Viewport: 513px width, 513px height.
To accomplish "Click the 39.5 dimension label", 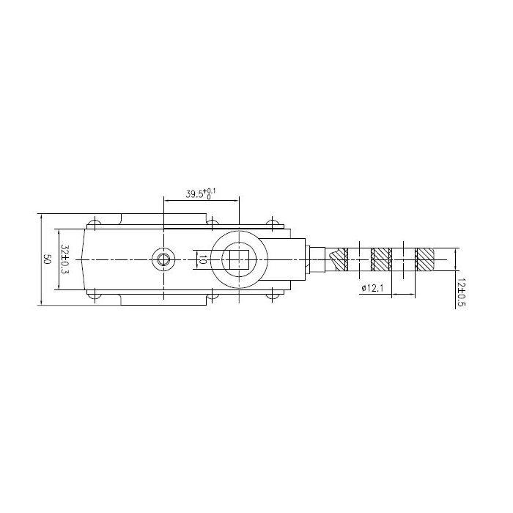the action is [x=194, y=193].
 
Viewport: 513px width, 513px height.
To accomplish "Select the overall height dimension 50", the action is [x=47, y=259].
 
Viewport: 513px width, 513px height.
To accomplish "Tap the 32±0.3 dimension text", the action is [x=65, y=259].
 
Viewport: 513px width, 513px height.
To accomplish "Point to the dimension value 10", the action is [x=202, y=260].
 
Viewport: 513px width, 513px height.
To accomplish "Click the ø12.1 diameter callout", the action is [x=372, y=288].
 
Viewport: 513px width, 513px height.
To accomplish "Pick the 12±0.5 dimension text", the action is [x=461, y=293].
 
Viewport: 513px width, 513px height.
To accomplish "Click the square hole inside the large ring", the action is [x=240, y=259].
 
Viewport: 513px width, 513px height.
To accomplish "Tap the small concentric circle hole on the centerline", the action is [x=163, y=259].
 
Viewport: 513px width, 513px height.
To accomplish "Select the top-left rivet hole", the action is [x=95, y=223].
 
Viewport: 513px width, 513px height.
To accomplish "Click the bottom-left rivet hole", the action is [x=95, y=296].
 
